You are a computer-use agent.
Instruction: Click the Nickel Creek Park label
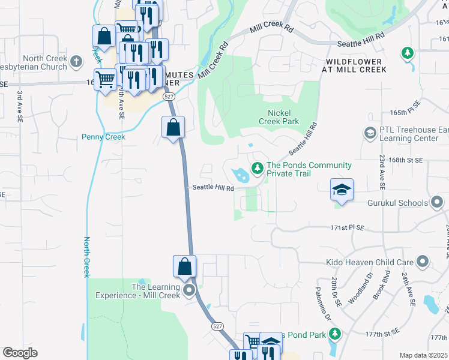279,116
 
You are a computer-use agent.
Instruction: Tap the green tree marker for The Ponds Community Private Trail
258,168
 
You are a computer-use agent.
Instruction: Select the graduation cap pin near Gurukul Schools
342,190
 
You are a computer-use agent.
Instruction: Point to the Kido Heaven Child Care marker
423,262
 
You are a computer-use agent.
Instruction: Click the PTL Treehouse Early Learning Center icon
370,132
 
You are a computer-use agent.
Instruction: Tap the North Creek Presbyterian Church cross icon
76,61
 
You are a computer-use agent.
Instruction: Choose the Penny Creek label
103,137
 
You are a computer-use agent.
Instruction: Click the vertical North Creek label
86,256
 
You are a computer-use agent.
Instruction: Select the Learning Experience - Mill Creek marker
190,292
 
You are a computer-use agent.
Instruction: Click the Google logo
20,353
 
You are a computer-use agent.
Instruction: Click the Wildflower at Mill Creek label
357,65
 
